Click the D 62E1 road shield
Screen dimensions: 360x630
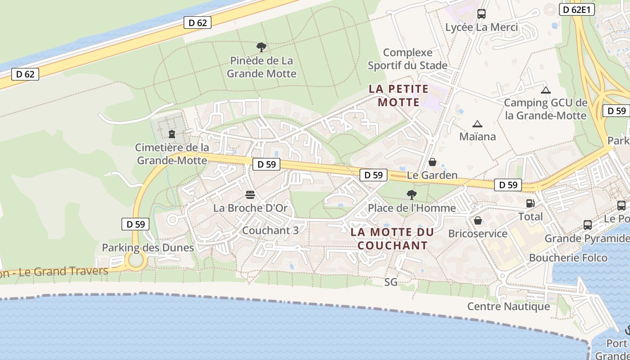[577, 9]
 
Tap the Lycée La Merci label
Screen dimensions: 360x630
[481, 27]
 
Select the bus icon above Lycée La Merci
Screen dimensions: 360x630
[481, 13]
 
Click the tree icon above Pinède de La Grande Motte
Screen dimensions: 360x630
[261, 47]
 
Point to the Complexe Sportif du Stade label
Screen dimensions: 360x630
[408, 59]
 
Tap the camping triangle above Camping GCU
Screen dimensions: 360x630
[546, 90]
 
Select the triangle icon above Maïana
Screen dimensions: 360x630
[477, 124]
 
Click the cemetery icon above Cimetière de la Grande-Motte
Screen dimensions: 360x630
[171, 134]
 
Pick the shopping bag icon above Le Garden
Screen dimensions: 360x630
[432, 162]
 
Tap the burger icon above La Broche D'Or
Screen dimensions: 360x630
[250, 195]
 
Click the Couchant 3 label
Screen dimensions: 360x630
[270, 230]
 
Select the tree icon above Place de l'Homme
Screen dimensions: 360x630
[411, 195]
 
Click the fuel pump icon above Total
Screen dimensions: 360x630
[531, 203]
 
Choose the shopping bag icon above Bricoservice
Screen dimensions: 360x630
[478, 220]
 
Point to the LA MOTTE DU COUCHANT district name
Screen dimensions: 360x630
[392, 239]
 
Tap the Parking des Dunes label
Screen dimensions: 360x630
[148, 247]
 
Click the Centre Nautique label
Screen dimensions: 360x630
[508, 306]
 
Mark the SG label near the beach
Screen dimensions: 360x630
[391, 282]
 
